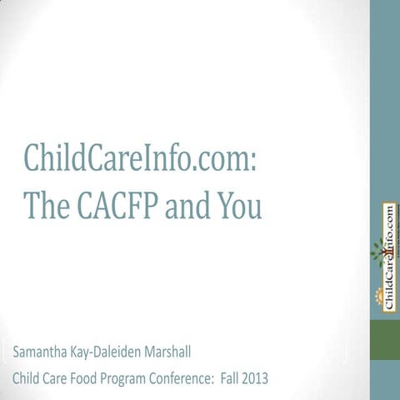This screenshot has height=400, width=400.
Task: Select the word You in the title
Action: [x=239, y=204]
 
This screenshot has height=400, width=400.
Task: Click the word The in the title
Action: [x=46, y=204]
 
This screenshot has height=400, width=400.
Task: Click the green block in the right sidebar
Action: [x=385, y=342]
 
